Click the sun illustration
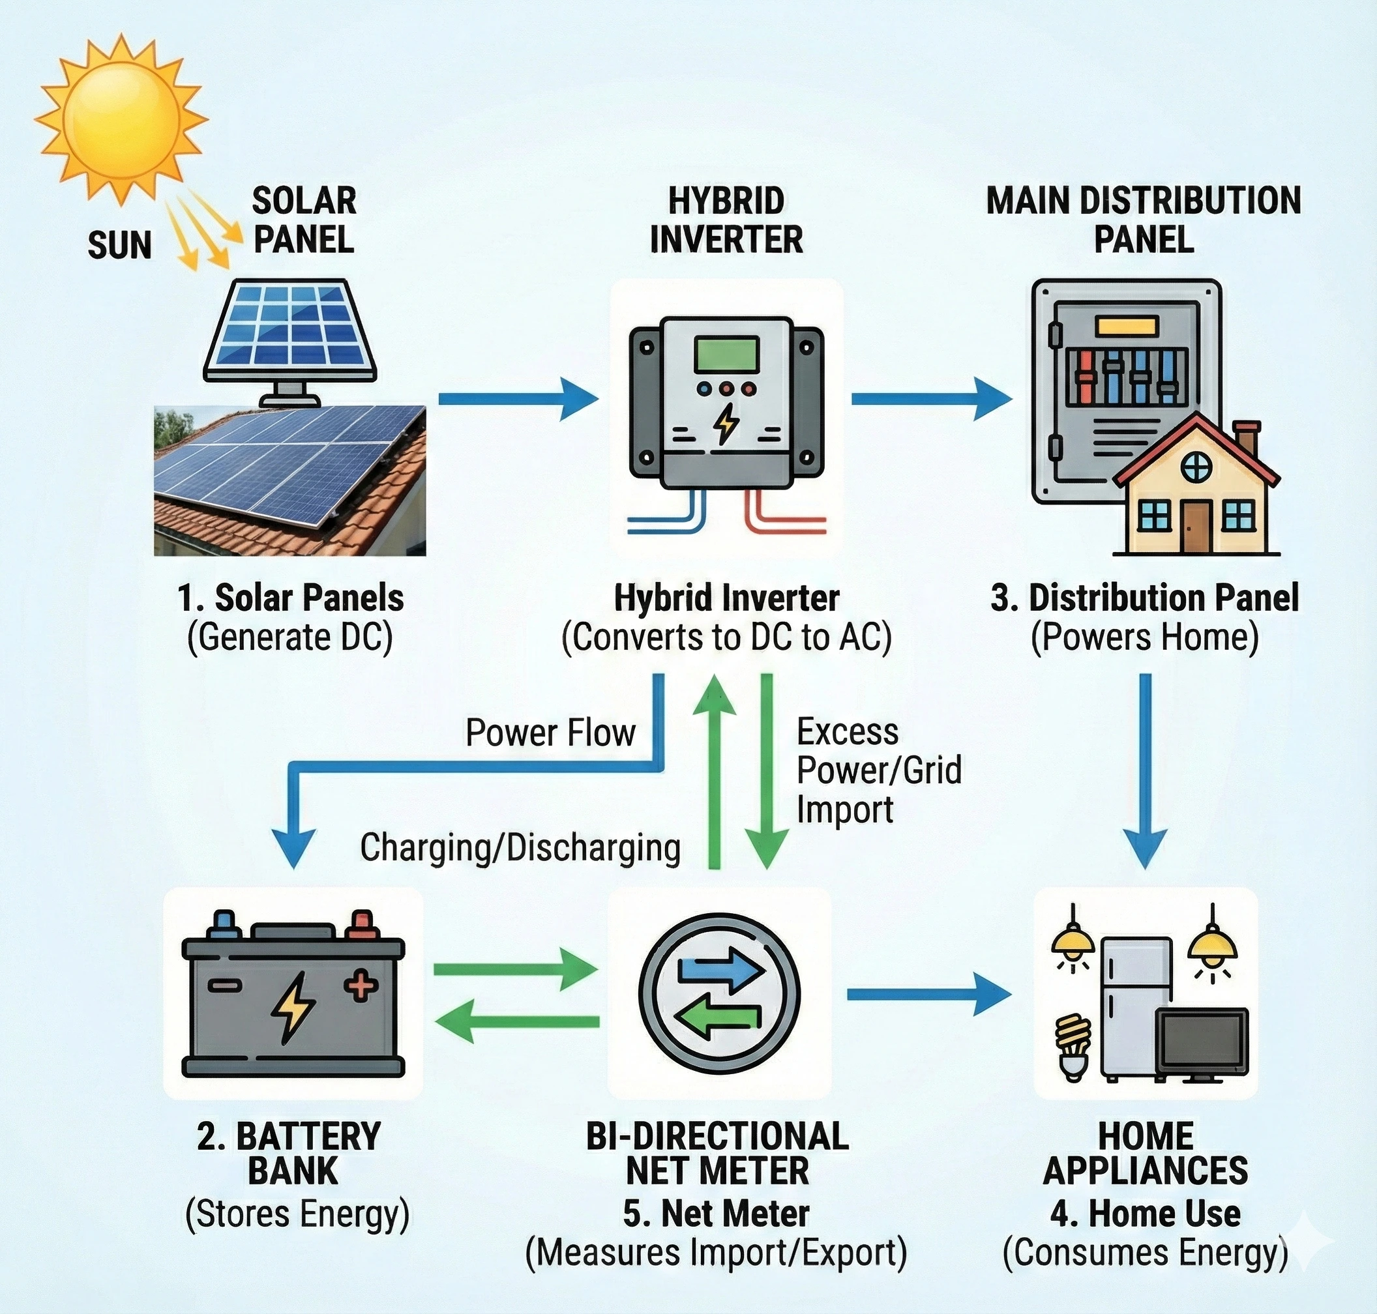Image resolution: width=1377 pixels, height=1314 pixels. click(x=121, y=119)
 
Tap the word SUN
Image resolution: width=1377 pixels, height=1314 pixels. click(x=119, y=246)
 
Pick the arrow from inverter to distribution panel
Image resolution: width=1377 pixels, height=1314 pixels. click(x=930, y=398)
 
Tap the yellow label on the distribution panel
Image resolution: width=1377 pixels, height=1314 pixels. click(x=1127, y=326)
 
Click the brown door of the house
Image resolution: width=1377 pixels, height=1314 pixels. click(x=1196, y=527)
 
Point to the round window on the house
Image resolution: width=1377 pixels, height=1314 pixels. click(x=1196, y=467)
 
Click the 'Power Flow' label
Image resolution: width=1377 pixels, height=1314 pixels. click(x=550, y=733)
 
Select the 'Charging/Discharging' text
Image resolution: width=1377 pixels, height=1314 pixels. click(x=520, y=847)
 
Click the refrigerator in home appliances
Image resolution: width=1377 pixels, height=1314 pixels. click(x=1135, y=1008)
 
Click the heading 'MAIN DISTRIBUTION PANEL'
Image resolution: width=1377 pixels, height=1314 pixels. click(x=1144, y=220)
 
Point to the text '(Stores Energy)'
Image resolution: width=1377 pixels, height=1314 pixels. click(x=297, y=1214)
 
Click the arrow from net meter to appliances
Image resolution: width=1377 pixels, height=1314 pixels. click(x=928, y=994)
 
